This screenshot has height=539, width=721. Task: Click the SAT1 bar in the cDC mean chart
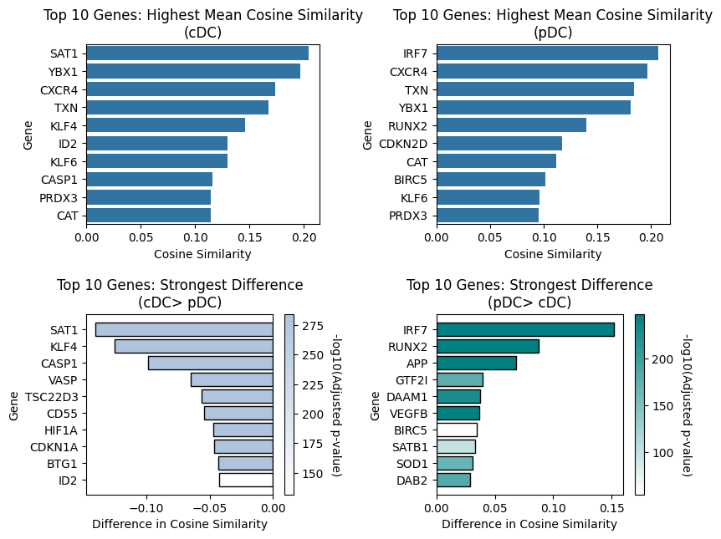click(197, 53)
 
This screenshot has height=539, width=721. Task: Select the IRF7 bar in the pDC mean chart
click(547, 53)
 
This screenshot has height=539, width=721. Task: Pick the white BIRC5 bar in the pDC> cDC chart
click(457, 430)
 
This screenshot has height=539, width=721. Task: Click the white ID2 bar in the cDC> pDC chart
click(246, 480)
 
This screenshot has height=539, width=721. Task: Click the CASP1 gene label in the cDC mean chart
click(59, 180)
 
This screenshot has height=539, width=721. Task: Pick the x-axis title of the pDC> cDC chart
click(529, 525)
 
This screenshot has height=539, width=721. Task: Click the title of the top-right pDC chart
click(552, 23)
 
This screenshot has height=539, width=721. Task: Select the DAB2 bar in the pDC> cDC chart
click(453, 480)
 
